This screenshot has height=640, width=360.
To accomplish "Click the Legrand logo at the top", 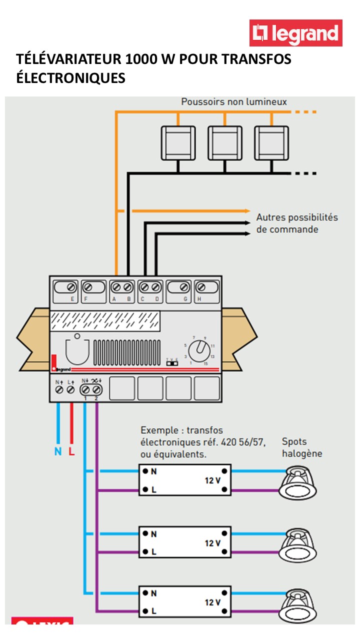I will click(296, 33).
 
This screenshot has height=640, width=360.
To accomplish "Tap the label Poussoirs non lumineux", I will click(234, 102).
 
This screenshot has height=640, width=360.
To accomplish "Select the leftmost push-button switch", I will click(178, 143).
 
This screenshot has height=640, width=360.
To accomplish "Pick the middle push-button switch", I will click(225, 143).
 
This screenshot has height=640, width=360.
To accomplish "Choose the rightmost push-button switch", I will click(271, 143).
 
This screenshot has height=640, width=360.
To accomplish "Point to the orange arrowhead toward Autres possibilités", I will click(246, 210).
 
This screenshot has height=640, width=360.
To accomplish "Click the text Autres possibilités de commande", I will click(296, 223).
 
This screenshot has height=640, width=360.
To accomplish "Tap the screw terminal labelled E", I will click(71, 287).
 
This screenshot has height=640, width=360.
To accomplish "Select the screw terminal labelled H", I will click(201, 287).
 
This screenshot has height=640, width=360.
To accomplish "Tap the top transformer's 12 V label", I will click(212, 480).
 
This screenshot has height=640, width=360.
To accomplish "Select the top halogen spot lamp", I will click(298, 482).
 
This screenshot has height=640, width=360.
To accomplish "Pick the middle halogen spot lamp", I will click(298, 545).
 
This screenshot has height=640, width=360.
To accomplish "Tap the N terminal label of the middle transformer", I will click(153, 534).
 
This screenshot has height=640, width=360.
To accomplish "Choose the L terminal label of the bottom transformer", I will click(153, 611).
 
